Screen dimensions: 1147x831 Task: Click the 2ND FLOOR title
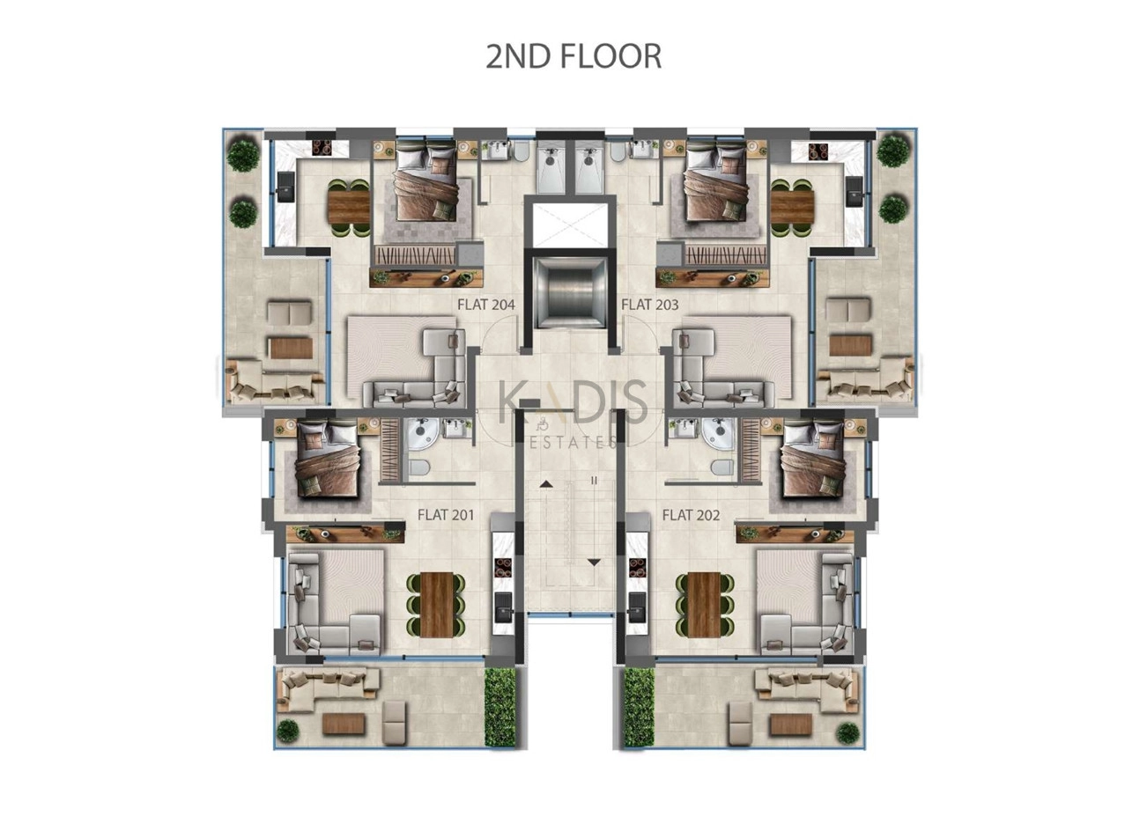[x=573, y=56]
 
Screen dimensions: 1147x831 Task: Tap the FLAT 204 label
[x=486, y=305]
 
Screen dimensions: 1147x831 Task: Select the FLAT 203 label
[x=650, y=305]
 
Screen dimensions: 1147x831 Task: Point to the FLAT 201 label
[x=446, y=515]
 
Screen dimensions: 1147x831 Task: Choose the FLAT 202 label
[x=691, y=515]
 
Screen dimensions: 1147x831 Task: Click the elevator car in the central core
[x=569, y=292]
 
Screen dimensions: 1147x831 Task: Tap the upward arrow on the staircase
[x=546, y=483]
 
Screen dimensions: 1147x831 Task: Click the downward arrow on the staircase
[x=594, y=563]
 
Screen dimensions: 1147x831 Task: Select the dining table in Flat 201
[x=437, y=604]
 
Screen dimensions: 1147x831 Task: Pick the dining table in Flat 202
[x=704, y=604]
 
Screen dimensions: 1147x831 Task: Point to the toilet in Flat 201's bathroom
[x=419, y=467]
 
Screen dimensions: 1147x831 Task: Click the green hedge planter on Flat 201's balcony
[x=499, y=708]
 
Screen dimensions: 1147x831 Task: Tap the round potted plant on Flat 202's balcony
[x=848, y=733]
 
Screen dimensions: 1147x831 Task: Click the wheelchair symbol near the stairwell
[x=542, y=423]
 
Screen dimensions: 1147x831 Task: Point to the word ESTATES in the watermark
[x=573, y=442]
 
